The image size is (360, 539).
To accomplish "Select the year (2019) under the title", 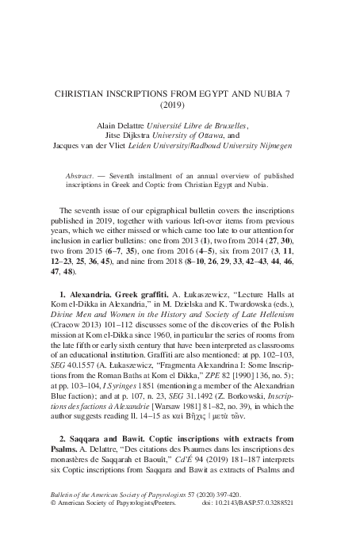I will tap(180, 105).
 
